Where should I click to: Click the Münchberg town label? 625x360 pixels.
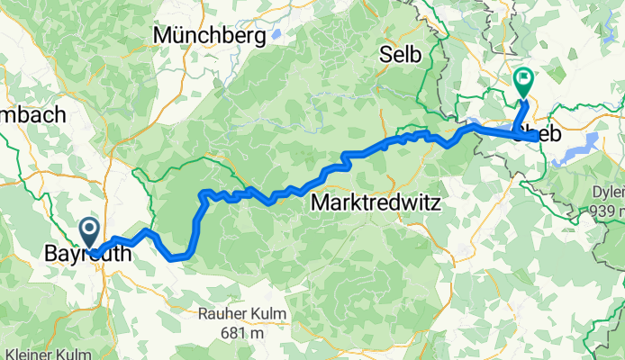point(210,35)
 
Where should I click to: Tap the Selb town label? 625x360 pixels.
point(401,55)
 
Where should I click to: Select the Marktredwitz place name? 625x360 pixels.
point(375,203)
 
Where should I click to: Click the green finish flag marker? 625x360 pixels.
point(522,82)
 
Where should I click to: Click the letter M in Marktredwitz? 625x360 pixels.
point(318,203)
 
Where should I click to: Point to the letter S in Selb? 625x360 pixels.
point(386,55)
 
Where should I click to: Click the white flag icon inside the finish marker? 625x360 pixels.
point(522,78)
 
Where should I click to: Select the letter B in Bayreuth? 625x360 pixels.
point(50,256)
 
